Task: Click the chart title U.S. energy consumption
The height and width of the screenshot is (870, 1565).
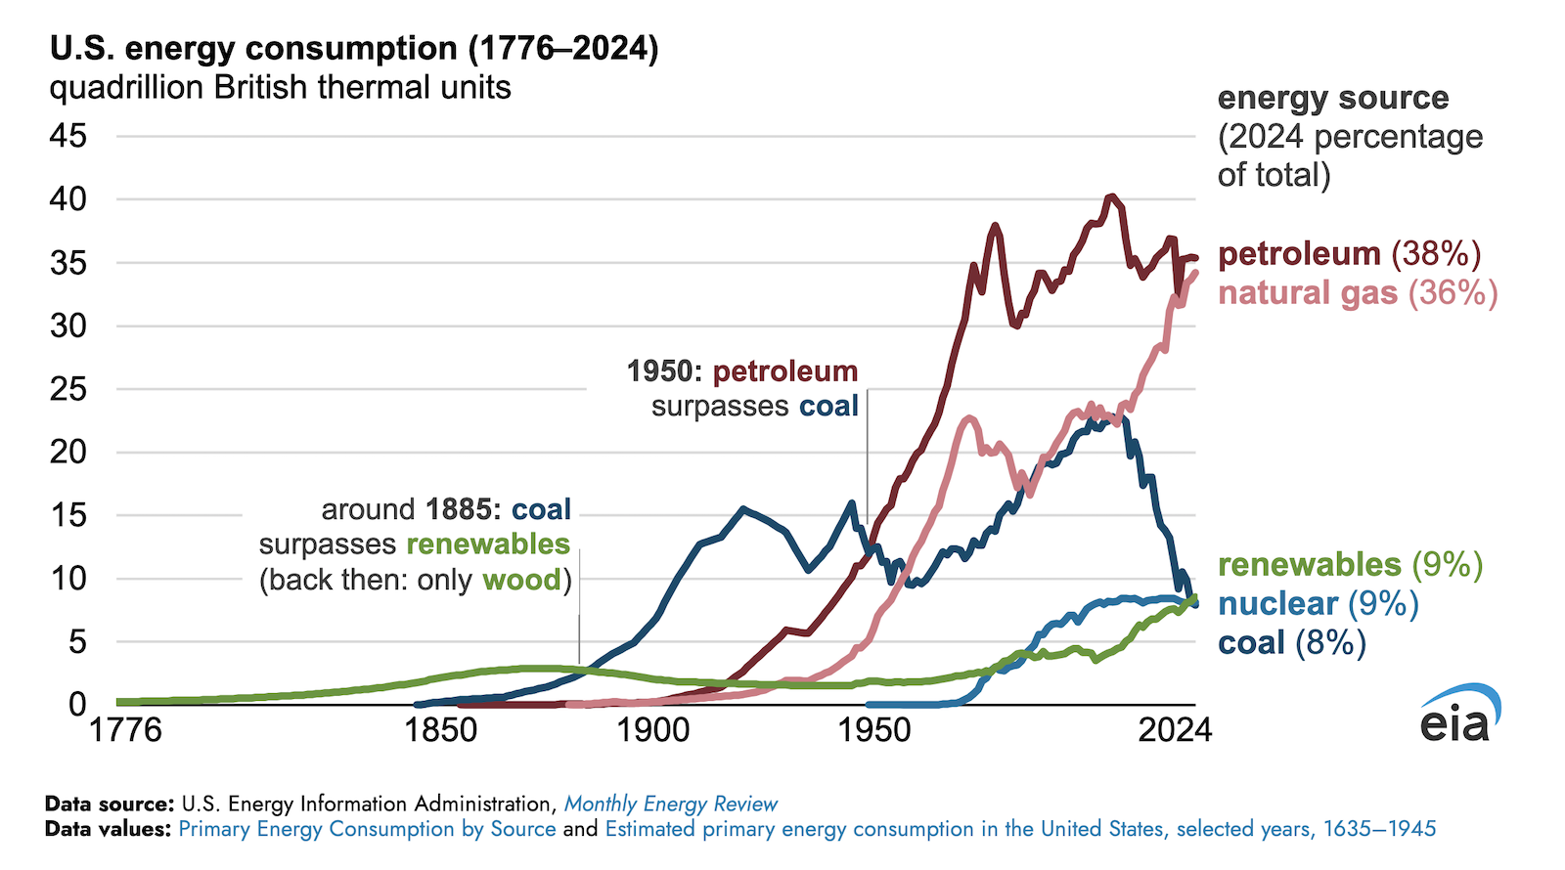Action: pyautogui.click(x=353, y=48)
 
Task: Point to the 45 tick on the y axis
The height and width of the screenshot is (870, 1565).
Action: pyautogui.click(x=68, y=136)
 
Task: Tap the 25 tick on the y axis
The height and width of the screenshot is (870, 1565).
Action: pyautogui.click(x=68, y=389)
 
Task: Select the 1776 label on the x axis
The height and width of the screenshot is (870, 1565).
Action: pyautogui.click(x=125, y=730)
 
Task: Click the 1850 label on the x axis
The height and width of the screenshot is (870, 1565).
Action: pyautogui.click(x=441, y=730)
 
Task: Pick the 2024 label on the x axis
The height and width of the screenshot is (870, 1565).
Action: pyautogui.click(x=1174, y=730)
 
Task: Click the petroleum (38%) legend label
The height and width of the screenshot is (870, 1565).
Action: pyautogui.click(x=1349, y=254)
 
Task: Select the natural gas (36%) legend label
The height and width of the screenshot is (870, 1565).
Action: pyautogui.click(x=1358, y=293)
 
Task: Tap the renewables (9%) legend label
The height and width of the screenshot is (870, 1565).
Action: pyautogui.click(x=1350, y=565)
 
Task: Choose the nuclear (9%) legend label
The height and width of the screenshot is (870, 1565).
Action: pyautogui.click(x=1318, y=604)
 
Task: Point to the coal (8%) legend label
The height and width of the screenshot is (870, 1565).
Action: pyautogui.click(x=1291, y=643)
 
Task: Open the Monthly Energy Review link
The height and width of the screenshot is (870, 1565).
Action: pyautogui.click(x=671, y=805)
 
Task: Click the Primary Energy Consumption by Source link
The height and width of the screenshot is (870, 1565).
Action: pyautogui.click(x=367, y=830)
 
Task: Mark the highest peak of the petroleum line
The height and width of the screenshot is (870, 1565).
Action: pyautogui.click(x=1110, y=197)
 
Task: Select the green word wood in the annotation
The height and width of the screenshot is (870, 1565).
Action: pyautogui.click(x=522, y=581)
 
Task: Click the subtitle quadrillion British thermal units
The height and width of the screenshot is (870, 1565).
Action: pyautogui.click(x=280, y=88)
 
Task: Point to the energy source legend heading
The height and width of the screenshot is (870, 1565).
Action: pyautogui.click(x=1332, y=98)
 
